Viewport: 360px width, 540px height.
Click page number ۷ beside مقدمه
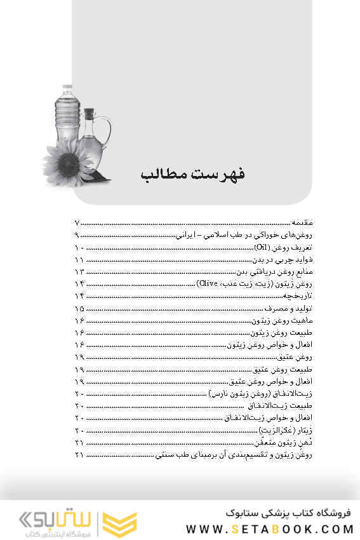78,224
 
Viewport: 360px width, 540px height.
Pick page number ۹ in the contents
78,236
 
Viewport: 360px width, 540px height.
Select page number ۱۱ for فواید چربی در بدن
79,260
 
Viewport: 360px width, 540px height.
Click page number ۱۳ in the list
79,272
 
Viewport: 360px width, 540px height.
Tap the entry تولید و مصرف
293,309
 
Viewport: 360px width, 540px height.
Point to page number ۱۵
79,309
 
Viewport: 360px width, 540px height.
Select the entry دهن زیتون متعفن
284,442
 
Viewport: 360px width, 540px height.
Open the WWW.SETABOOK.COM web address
269,528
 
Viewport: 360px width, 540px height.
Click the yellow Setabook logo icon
120,522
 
